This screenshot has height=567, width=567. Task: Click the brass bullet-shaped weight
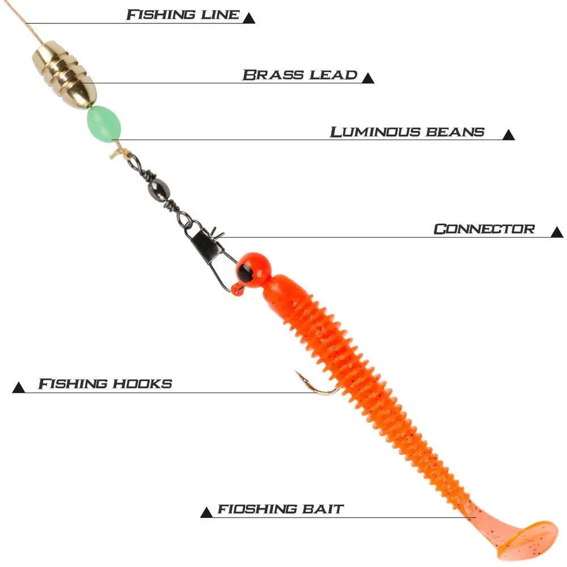click(x=64, y=73)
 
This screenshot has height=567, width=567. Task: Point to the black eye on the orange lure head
click(x=246, y=273)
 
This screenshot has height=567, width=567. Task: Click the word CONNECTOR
click(x=484, y=230)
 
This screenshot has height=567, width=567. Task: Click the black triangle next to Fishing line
click(x=248, y=18)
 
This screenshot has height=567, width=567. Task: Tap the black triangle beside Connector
click(x=556, y=232)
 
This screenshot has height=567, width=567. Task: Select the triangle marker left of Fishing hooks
click(x=19, y=387)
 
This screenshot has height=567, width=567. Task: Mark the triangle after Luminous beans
click(x=508, y=135)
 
